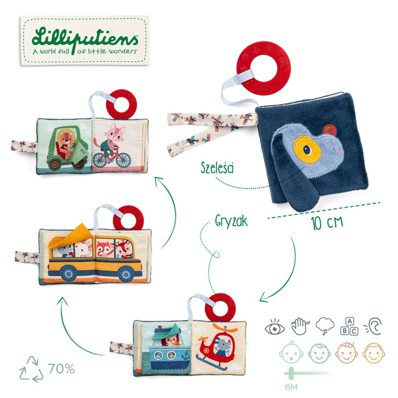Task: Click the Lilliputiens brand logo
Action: pos(84,40)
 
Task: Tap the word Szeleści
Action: pos(217,168)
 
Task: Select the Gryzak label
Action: pos(231,221)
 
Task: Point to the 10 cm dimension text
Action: pos(327,223)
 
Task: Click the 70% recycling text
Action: pos(62,369)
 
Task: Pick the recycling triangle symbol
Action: pos(31,369)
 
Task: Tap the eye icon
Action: pos(275,327)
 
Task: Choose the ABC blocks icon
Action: pos(350,326)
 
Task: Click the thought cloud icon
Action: pos(325,326)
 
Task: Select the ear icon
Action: pos(373,326)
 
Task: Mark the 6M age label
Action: pos(291,387)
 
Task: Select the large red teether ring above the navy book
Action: pos(263,68)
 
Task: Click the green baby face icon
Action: pos(291,353)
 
